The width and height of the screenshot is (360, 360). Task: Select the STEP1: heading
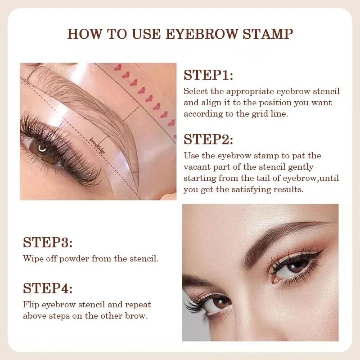tap(208, 75)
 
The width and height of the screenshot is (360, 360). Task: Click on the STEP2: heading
tap(208, 139)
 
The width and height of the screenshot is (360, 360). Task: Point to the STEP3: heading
tap(48, 243)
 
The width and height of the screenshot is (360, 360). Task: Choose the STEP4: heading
tap(48, 288)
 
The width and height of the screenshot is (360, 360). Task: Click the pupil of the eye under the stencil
tap(42, 148)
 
